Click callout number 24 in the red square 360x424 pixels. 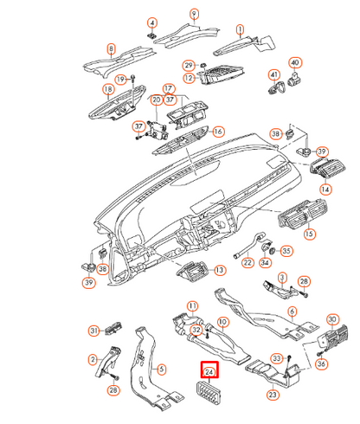coord(209,372)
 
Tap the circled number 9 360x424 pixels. coord(195,14)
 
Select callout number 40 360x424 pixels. coord(295,62)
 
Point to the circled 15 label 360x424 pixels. coord(309,234)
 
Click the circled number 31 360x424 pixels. coord(93,331)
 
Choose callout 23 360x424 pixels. coord(273,395)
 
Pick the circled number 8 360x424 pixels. coord(111,48)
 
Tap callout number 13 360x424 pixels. coord(220,270)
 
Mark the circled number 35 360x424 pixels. coord(286,251)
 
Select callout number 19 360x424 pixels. coord(120,79)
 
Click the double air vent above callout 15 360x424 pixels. coord(302,215)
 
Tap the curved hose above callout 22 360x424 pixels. coord(250,245)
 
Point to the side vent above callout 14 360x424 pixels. coord(328,167)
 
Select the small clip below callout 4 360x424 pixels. coord(151,36)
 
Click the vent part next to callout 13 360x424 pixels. coord(193,271)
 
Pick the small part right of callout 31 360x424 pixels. coord(113,328)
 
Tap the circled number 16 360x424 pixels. coord(218,132)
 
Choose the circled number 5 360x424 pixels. coord(162,369)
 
